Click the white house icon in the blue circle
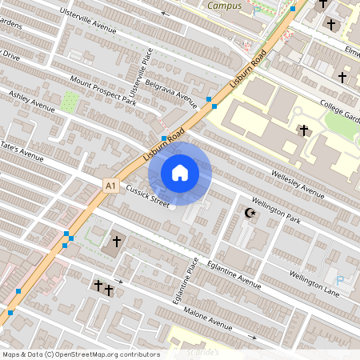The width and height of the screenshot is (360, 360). (179, 172)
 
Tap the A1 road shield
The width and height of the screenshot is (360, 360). (110, 186)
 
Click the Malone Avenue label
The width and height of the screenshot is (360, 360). (206, 317)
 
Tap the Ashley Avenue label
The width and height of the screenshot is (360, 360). (32, 102)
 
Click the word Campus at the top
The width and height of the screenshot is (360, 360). (224, 6)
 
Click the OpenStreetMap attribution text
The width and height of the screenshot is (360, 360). (80, 354)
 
